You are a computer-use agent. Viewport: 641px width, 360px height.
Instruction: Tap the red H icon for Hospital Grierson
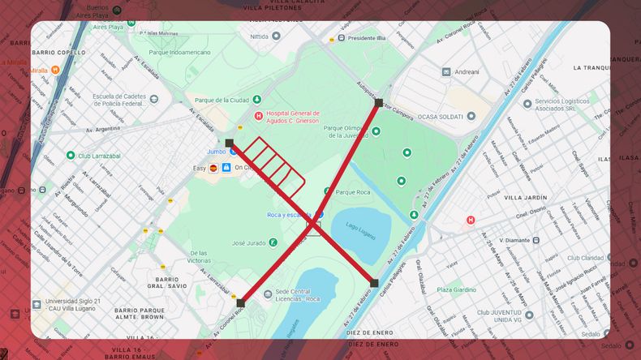click(259, 116)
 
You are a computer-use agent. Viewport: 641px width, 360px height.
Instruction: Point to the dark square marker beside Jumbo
click(230, 144)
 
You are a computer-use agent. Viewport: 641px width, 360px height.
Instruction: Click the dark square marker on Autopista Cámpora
click(378, 103)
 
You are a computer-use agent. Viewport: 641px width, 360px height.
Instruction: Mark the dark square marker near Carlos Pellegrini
click(374, 283)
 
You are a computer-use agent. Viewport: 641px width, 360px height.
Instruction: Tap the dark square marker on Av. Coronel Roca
click(240, 303)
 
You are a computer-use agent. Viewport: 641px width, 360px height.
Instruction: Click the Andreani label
click(467, 71)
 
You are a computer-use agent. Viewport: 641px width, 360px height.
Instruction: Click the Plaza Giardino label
click(457, 289)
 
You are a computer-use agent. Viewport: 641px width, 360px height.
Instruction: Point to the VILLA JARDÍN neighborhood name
click(525, 197)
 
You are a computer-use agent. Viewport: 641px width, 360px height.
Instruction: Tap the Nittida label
click(260, 36)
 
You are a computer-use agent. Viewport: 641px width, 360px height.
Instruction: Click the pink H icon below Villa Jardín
click(471, 221)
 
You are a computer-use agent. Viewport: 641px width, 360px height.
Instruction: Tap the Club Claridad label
click(586, 258)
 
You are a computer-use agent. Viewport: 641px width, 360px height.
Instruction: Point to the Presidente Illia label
click(367, 38)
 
